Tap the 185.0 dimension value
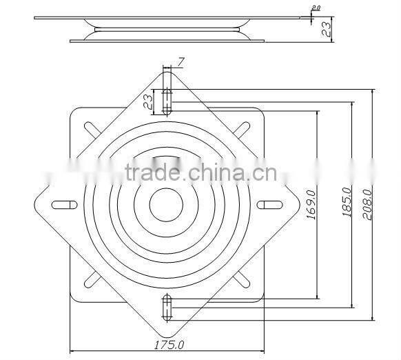coord(346,202)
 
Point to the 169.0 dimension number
coord(309,206)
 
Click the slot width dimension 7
coord(181,63)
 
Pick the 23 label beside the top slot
coord(148,102)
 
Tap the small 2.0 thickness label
coord(316,8)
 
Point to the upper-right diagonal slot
coord(242,129)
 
